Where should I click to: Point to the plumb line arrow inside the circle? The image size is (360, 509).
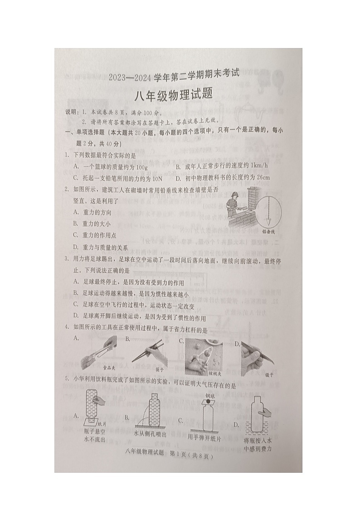pyautogui.click(x=268, y=208)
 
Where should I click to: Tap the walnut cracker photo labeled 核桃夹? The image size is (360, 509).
pyautogui.click(x=204, y=354)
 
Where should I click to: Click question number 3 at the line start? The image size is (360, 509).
pyautogui.click(x=66, y=258)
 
